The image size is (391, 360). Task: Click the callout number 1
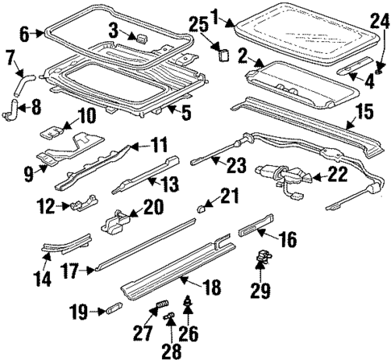(214, 13)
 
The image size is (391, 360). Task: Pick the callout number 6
(23, 34)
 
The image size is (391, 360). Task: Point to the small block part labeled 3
(141, 37)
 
